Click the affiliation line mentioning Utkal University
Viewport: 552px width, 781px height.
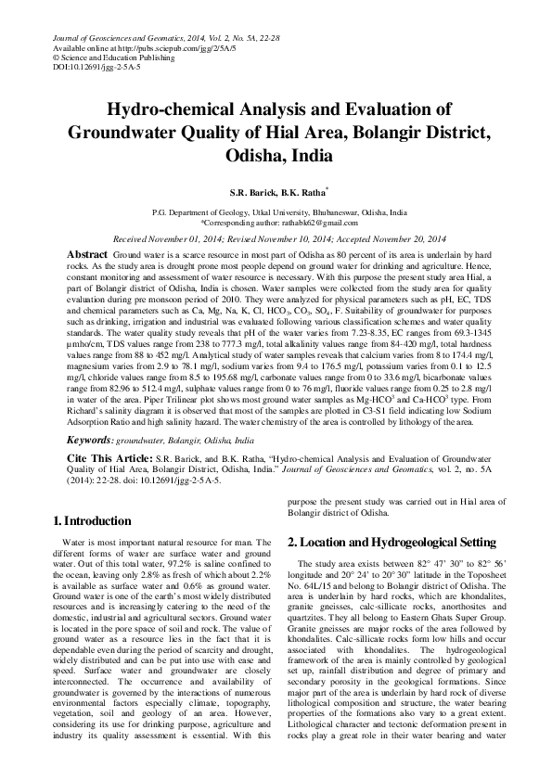click(278, 212)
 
